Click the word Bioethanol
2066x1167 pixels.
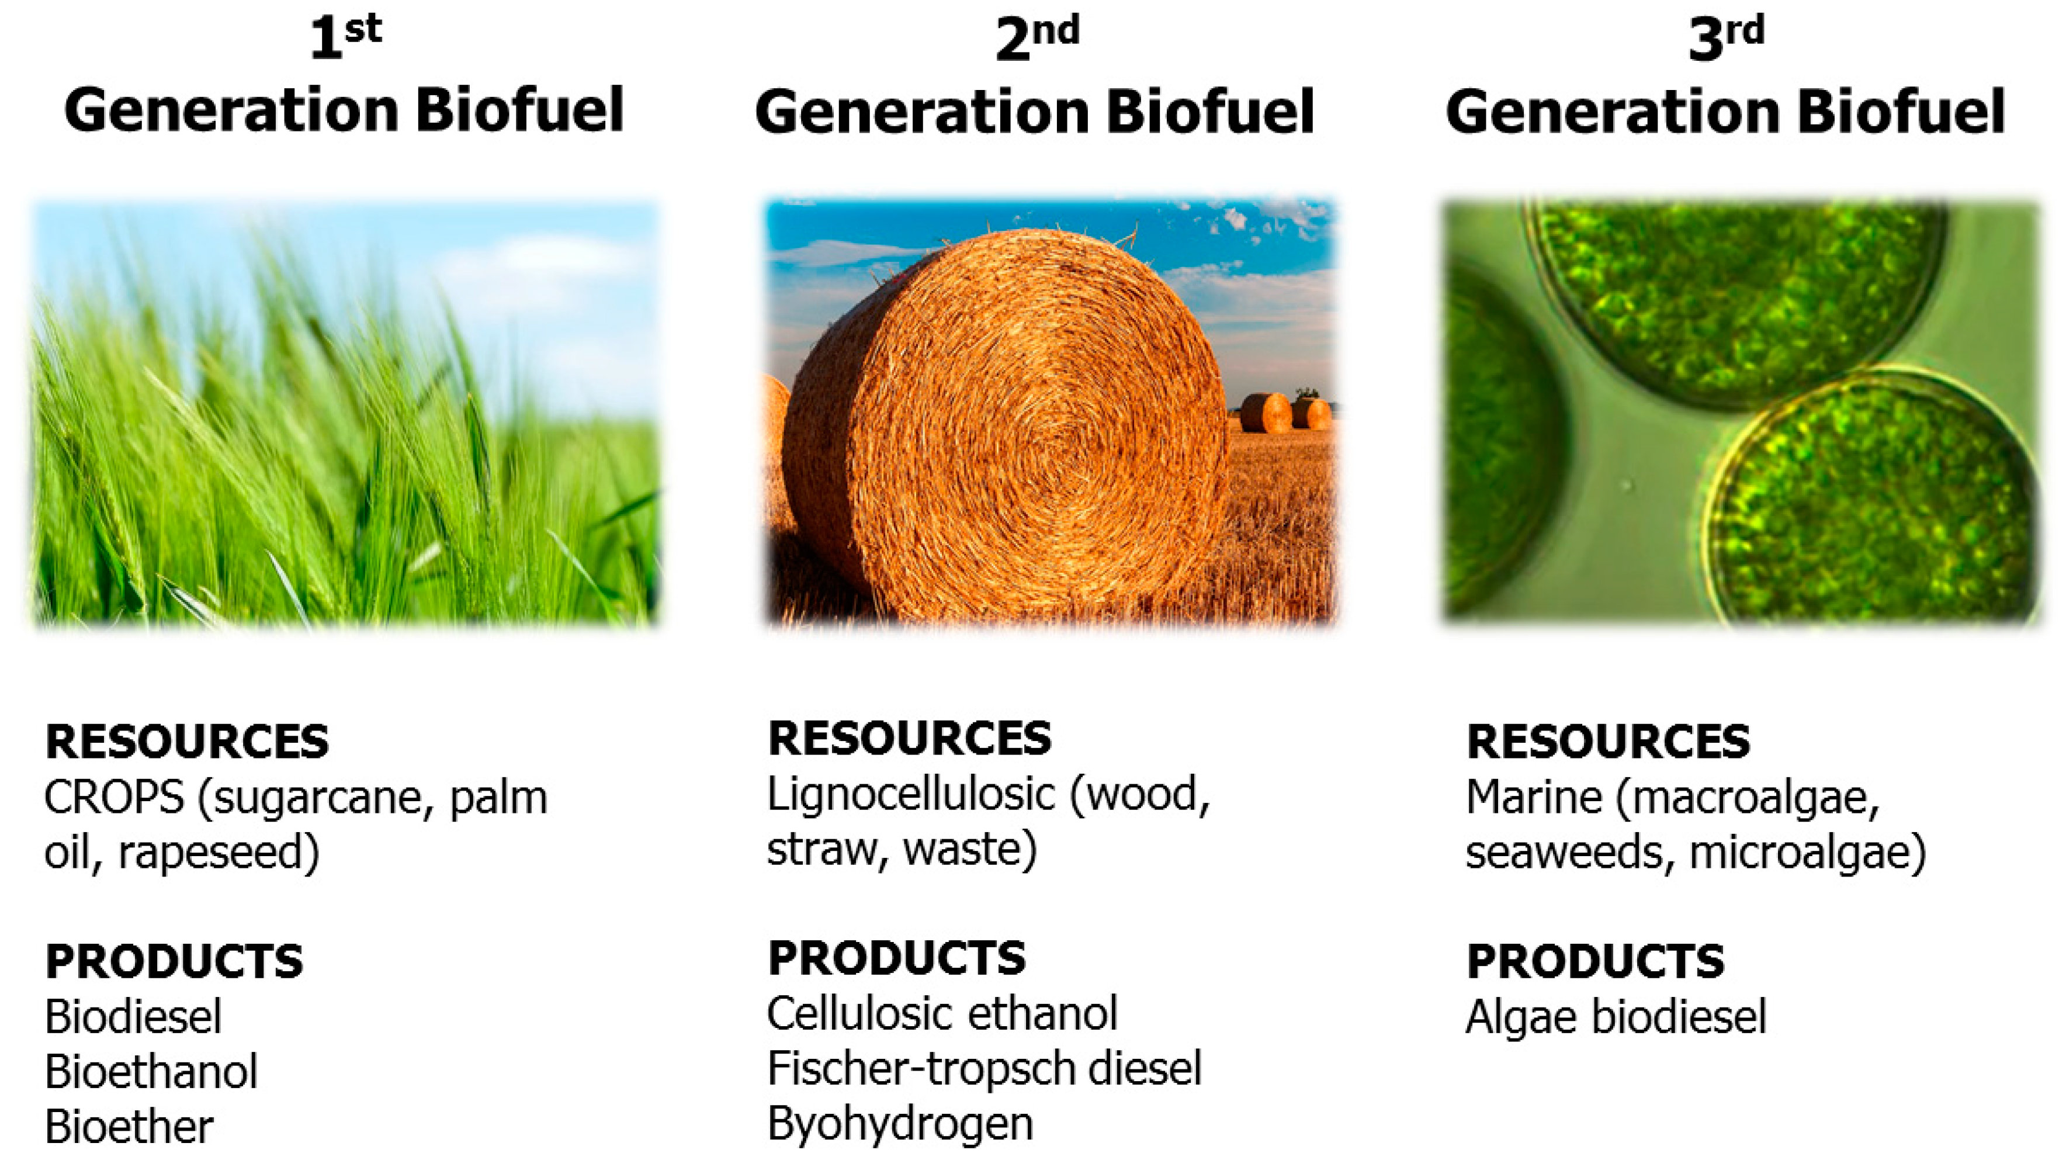[x=151, y=1072]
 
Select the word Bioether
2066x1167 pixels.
[x=129, y=1127]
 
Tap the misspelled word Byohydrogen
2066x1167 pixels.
[x=900, y=1124]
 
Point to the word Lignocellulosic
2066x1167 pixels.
[x=911, y=795]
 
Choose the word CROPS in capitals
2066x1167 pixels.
[x=114, y=798]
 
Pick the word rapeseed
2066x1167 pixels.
[x=218, y=852]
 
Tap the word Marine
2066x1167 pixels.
[x=1534, y=798]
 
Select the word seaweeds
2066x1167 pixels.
[x=1564, y=852]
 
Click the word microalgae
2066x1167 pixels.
[x=1807, y=852]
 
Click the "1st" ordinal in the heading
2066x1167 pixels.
[x=345, y=36]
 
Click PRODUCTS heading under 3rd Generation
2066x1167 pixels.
[x=1594, y=961]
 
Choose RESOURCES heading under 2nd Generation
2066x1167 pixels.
[x=909, y=738]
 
